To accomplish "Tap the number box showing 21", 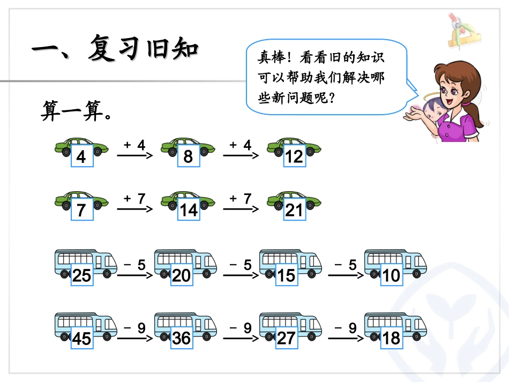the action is point(294,209).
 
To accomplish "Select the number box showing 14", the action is point(188,209).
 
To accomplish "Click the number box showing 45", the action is point(81,338).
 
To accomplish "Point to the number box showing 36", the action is point(181,338).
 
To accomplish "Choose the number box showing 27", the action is point(286,338).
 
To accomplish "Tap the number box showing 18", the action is point(392,338).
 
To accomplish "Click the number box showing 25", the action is point(81,275).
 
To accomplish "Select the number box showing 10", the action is point(392,275).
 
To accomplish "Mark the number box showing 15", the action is point(286,275).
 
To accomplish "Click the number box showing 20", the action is point(181,275).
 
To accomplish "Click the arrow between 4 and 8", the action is point(134,155).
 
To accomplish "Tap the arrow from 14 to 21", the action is point(241,209).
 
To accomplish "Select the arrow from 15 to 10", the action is point(346,275).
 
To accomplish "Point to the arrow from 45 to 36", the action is point(134,338).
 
